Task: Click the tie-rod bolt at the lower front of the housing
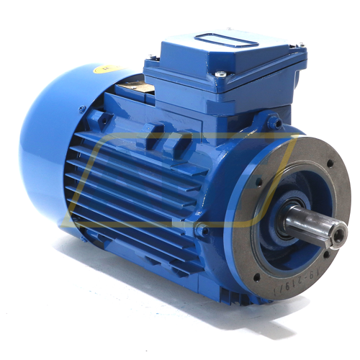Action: coord(202,230)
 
